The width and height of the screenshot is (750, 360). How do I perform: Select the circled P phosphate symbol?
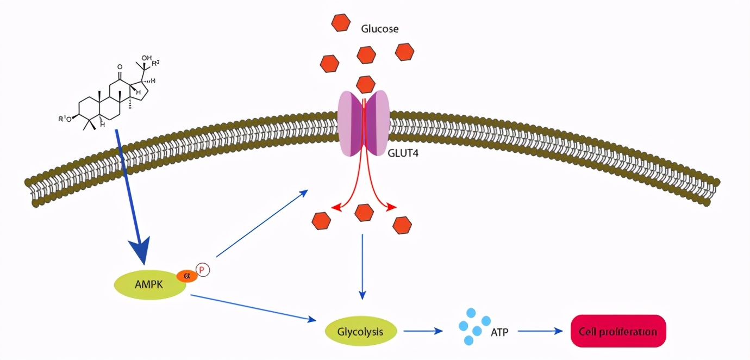coord(203,270)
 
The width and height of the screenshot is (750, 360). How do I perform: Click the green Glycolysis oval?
coord(360,331)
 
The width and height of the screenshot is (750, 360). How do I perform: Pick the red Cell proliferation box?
coord(618,331)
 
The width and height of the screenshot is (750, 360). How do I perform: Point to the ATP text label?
coord(499,331)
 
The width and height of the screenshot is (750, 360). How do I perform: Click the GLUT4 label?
coord(403,153)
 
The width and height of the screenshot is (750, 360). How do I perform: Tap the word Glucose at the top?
coord(380,29)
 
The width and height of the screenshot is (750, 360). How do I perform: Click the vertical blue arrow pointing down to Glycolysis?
coord(362,266)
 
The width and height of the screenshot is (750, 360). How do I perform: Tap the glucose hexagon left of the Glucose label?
coord(341,22)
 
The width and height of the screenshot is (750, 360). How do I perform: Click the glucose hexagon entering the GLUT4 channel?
coord(365,84)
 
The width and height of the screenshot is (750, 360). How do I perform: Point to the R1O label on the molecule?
coord(65,119)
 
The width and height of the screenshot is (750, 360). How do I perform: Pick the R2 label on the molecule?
coord(156,64)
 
